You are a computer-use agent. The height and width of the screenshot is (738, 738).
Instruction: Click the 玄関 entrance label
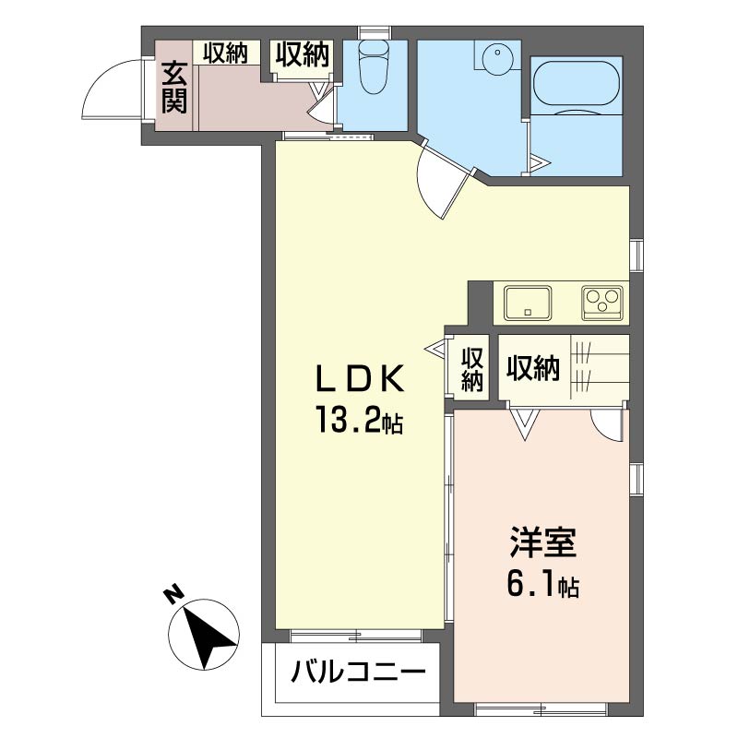175,87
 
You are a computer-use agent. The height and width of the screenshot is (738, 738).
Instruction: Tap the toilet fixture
374,69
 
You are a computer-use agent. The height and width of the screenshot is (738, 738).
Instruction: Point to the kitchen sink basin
527,302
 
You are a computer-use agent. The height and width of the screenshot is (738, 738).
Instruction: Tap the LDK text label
359,379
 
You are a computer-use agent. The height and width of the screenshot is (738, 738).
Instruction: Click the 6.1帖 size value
543,585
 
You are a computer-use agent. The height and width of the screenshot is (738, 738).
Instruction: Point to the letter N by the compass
172,595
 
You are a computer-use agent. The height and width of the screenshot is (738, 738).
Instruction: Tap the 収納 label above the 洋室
532,368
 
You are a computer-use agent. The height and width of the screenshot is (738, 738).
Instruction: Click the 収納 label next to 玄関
225,54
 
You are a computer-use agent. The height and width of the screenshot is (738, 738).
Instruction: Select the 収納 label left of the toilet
302,55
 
